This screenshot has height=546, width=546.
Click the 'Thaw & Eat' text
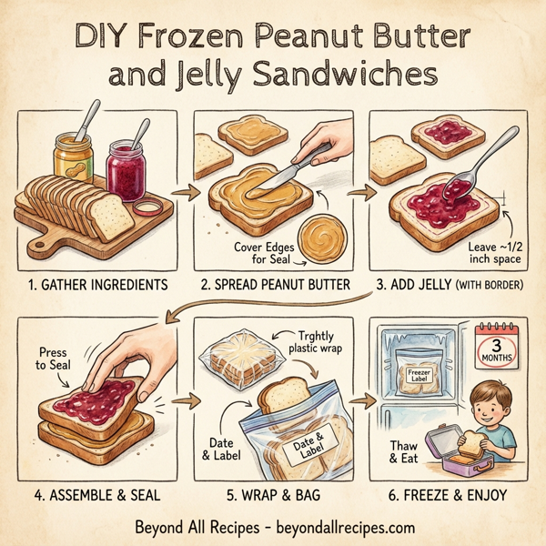click(404, 452)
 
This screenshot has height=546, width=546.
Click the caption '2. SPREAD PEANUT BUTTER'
click(274, 286)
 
